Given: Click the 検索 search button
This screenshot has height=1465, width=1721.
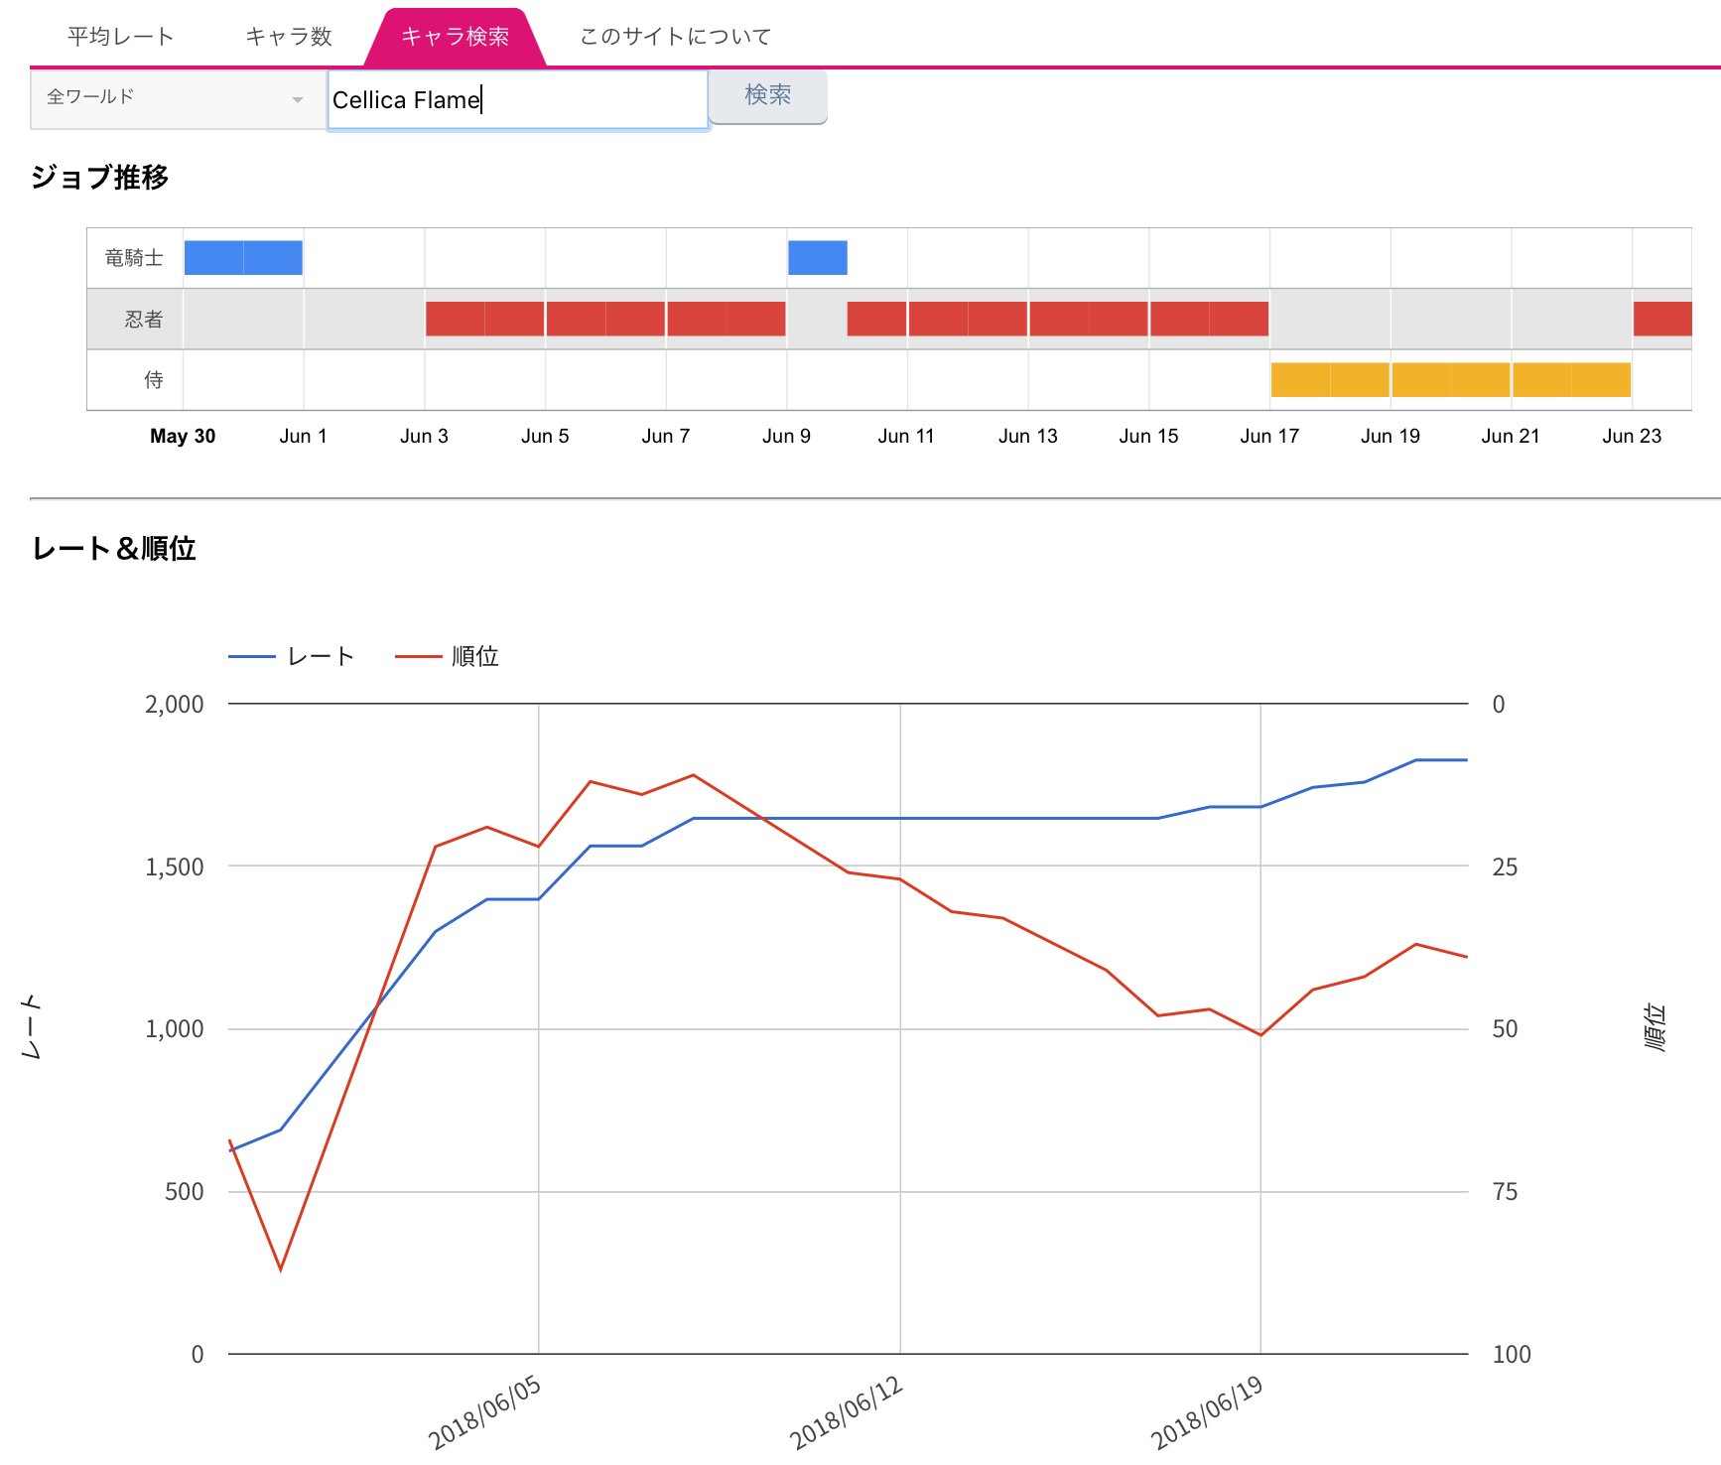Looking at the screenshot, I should [767, 95].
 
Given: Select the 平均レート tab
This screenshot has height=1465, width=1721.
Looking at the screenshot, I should [120, 37].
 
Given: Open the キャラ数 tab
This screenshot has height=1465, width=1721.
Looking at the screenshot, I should [288, 37].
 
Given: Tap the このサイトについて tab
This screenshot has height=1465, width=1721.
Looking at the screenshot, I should [675, 37].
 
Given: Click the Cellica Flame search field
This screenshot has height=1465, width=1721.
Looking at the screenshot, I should [516, 99].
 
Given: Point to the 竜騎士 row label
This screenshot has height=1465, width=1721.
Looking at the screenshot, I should [134, 258].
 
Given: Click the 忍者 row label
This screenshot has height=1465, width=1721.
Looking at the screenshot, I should [143, 319].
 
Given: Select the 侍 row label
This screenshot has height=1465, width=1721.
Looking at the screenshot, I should [153, 379].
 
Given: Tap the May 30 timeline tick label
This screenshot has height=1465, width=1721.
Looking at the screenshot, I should [183, 436].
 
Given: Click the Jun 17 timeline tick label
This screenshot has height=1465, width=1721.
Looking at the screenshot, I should [1268, 436].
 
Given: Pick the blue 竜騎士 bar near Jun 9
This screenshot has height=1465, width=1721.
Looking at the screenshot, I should [817, 258].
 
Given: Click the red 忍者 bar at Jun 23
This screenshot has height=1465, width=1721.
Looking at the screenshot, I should [1661, 319].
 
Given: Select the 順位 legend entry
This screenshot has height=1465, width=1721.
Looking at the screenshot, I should [474, 656].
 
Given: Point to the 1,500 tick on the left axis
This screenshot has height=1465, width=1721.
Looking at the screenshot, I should [175, 866].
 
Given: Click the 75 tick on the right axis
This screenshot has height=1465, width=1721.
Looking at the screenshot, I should [1505, 1191].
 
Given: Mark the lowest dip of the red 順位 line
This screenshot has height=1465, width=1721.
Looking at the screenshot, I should [281, 1269].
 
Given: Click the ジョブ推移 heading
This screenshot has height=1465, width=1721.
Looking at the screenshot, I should [99, 178].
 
